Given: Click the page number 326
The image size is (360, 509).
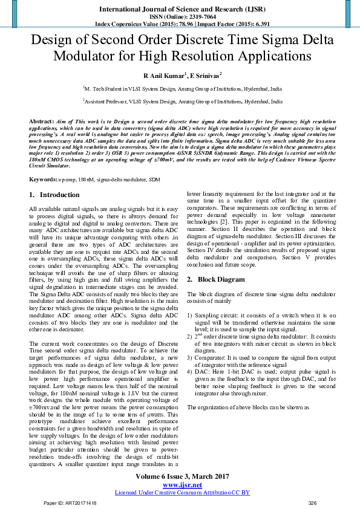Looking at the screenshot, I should [x=313, y=503].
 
